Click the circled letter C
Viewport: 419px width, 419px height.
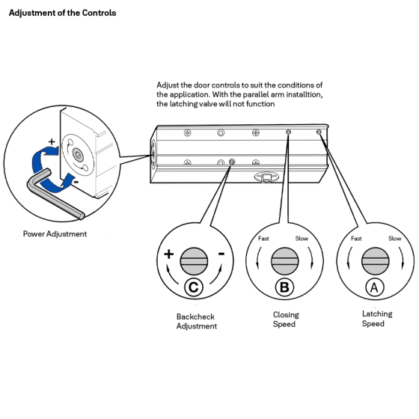[x=194, y=287]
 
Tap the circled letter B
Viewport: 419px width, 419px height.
[x=284, y=287]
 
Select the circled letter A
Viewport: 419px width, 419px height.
[x=375, y=287]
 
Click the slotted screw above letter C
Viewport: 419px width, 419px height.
[x=194, y=261]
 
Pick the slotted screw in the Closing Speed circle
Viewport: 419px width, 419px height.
[x=284, y=261]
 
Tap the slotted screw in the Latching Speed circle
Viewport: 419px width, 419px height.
[x=375, y=261]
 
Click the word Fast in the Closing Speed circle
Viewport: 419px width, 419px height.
[x=263, y=239]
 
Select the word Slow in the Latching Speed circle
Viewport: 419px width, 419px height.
[x=395, y=239]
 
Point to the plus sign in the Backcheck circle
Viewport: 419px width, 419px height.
[x=169, y=254]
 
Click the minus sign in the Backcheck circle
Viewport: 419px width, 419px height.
[x=221, y=254]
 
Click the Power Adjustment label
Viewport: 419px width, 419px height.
[x=55, y=233]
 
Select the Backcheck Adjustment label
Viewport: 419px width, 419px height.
[x=196, y=321]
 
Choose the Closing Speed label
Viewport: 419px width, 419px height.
[x=286, y=319]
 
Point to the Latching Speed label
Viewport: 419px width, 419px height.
[x=377, y=319]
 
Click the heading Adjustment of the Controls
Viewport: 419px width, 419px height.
[x=62, y=13]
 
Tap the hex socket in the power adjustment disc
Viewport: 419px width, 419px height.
[x=78, y=155]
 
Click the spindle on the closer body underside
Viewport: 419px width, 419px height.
[x=266, y=177]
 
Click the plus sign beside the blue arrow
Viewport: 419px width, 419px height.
[x=52, y=141]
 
